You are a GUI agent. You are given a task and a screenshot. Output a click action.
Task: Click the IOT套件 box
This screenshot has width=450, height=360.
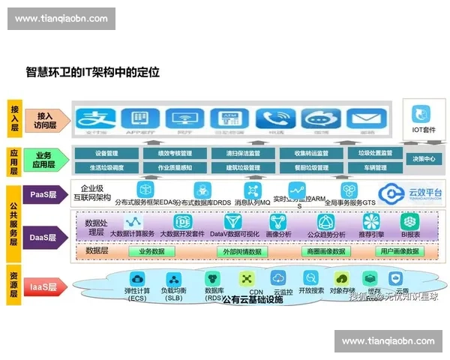(424, 118)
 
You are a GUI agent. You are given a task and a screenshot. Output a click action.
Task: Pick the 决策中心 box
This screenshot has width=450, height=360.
(424, 160)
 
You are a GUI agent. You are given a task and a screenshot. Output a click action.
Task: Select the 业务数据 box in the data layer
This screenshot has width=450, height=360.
(151, 252)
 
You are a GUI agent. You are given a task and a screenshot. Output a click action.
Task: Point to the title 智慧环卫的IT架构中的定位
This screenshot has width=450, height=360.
(92, 73)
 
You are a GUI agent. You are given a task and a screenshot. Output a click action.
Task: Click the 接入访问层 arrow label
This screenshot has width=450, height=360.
(45, 118)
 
